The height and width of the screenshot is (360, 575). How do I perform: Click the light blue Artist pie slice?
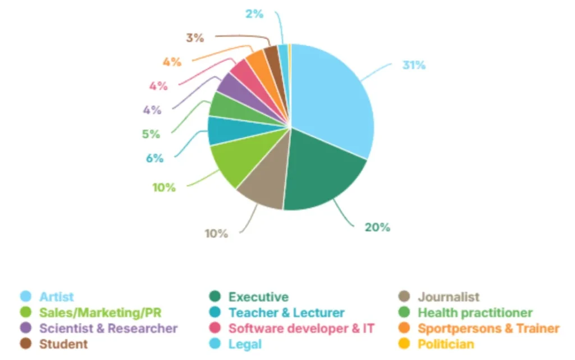tap(331, 95)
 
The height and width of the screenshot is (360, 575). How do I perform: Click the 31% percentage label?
tap(414, 65)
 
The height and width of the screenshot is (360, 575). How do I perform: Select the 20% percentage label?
tap(377, 227)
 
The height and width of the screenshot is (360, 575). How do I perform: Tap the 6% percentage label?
tap(154, 158)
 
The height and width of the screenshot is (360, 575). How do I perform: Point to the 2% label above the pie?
tap(254, 13)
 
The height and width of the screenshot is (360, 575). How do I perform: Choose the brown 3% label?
tap(195, 38)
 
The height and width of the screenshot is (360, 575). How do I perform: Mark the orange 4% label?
tap(172, 62)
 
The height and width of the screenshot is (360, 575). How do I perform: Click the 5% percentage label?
tap(151, 134)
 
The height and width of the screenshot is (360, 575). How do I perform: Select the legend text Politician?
tap(445, 344)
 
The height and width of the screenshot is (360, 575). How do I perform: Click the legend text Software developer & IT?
tap(301, 329)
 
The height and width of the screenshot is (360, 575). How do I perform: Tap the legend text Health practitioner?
tap(475, 313)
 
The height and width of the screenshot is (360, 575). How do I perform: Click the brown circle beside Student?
tap(25, 344)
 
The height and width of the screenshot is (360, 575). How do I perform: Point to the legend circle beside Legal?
tap(214, 344)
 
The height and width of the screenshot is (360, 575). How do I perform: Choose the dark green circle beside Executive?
tap(214, 297)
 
